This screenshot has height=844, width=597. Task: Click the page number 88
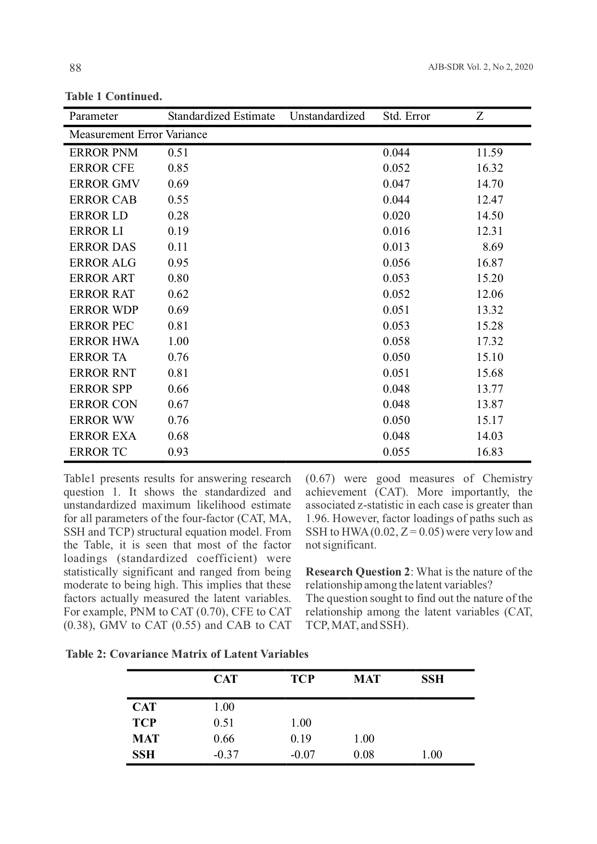click(76, 68)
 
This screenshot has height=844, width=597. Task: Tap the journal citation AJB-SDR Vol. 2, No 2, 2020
click(480, 67)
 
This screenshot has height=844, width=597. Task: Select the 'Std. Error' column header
click(406, 116)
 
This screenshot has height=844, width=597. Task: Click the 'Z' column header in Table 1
click(480, 116)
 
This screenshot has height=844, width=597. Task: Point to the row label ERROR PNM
click(103, 153)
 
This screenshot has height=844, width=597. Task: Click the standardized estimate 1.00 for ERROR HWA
click(178, 342)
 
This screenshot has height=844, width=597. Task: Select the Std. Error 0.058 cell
click(396, 342)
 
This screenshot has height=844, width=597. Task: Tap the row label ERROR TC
click(98, 452)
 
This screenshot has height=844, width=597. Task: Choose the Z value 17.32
click(489, 342)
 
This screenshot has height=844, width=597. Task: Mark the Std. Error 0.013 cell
click(396, 247)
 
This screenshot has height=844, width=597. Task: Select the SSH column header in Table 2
click(432, 679)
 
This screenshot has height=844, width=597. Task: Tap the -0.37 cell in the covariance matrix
click(226, 754)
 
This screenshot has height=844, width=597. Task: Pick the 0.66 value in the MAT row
click(224, 739)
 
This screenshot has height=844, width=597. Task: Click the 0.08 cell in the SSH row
click(364, 754)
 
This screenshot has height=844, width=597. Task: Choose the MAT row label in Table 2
click(146, 739)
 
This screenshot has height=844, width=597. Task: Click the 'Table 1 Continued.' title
click(114, 97)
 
